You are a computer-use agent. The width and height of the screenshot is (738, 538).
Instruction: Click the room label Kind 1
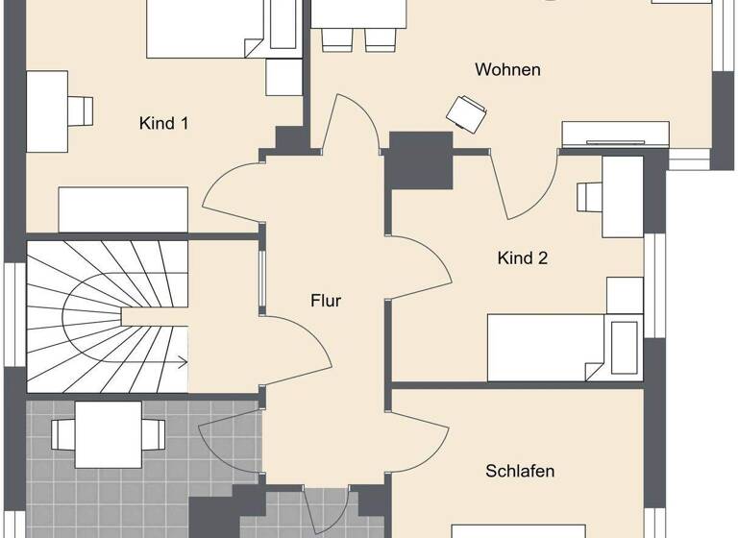pos(163,123)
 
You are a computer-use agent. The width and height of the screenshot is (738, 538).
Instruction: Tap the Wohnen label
pos(507,69)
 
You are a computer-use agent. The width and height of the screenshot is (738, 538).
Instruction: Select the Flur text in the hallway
pos(326,300)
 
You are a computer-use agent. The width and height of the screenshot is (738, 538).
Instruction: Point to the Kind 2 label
pos(523,257)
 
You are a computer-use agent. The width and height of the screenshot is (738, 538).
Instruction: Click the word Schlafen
pos(520,471)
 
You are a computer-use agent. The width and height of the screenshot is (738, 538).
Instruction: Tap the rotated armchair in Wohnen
pos(467,111)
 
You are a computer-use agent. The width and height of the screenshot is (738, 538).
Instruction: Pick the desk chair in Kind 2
pos(588,196)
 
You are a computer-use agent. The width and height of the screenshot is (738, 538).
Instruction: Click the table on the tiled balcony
pos(109,425)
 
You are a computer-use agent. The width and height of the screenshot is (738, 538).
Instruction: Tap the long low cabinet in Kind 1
pos(123,208)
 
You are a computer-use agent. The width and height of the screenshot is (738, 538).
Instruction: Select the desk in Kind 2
pos(622,197)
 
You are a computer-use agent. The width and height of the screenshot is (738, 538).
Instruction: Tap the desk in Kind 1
pos(46,110)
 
